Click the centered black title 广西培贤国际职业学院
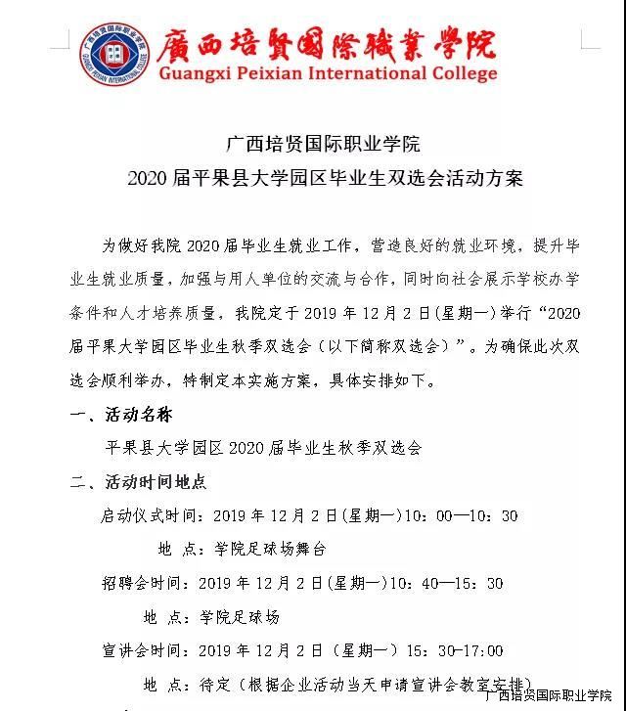[323, 145]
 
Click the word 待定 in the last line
[215, 684]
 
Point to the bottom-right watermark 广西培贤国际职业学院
[548, 697]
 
